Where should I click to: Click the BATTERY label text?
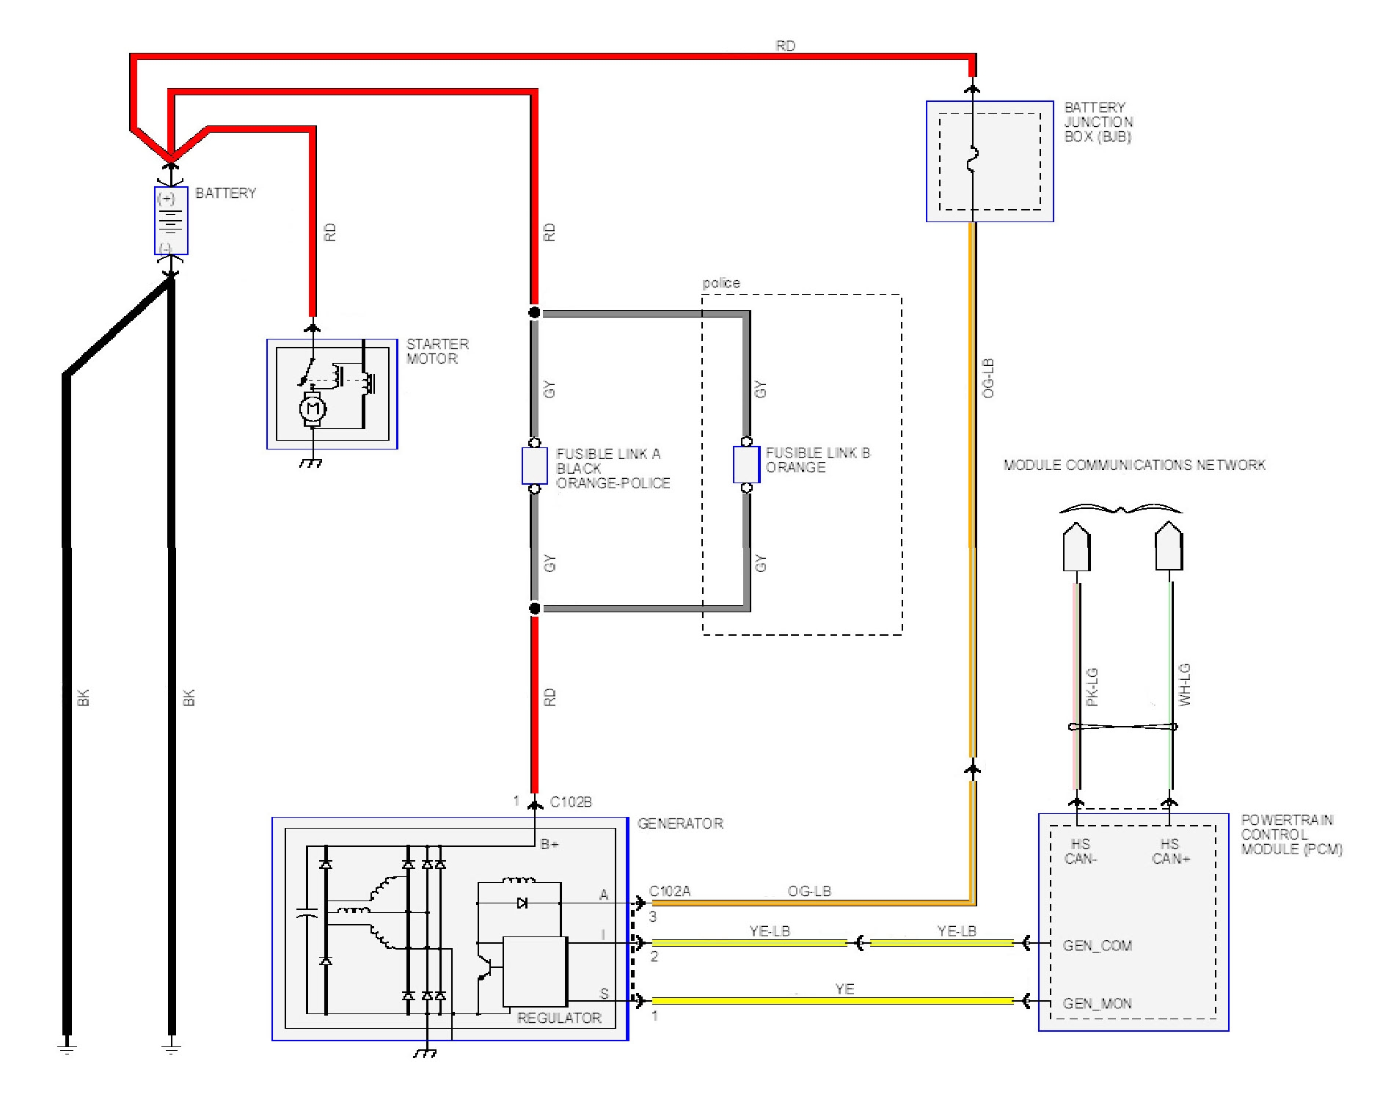[225, 193]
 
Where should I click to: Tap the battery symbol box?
[171, 221]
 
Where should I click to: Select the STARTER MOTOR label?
[437, 351]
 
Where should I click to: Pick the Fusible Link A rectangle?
[534, 466]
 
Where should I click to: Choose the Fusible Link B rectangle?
[746, 465]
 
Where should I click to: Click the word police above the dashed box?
[720, 283]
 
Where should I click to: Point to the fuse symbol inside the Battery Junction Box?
[972, 161]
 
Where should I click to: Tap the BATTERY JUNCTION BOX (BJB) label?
[1098, 122]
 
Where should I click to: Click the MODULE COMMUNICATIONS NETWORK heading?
[1133, 465]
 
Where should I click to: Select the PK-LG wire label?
[1092, 687]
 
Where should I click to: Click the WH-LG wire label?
[1184, 685]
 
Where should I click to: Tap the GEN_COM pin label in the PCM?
[1097, 945]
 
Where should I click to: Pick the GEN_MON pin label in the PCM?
[1097, 1003]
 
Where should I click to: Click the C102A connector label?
[670, 891]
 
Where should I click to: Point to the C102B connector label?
[570, 801]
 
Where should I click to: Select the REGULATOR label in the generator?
[559, 1018]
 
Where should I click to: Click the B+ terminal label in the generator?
[550, 844]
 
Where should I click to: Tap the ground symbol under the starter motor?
[313, 463]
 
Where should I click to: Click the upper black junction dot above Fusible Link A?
[534, 313]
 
